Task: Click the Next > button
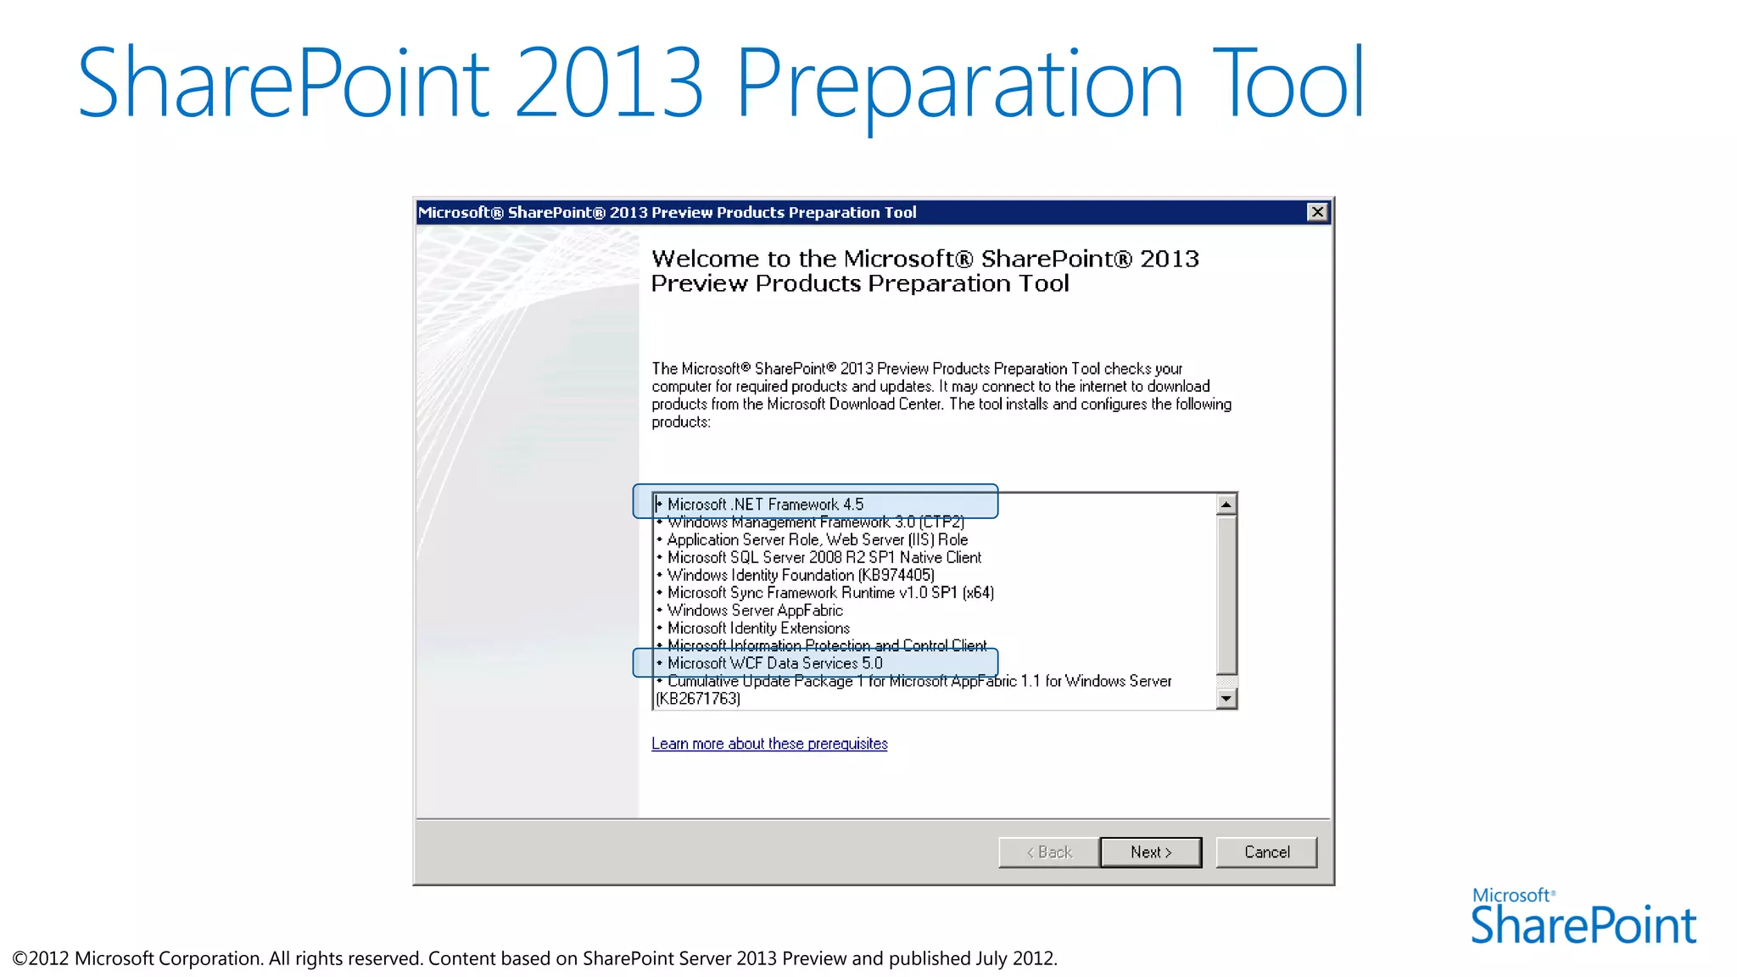tap(1150, 852)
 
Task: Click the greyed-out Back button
tap(1049, 852)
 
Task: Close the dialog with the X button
tap(1316, 212)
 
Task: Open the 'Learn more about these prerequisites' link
tap(769, 744)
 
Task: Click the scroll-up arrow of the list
tap(1226, 505)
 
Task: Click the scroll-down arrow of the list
tap(1226, 699)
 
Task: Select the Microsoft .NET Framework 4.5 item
tap(765, 505)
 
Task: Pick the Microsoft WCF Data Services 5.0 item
tap(774, 663)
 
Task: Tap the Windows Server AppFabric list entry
tap(755, 611)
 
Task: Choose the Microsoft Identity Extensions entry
tap(758, 628)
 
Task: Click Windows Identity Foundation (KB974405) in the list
tap(801, 575)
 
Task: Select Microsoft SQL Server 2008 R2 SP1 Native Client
tap(824, 557)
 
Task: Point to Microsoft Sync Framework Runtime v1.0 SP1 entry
tap(830, 593)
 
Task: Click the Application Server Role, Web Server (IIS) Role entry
tap(817, 539)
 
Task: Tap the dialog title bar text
tap(667, 212)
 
